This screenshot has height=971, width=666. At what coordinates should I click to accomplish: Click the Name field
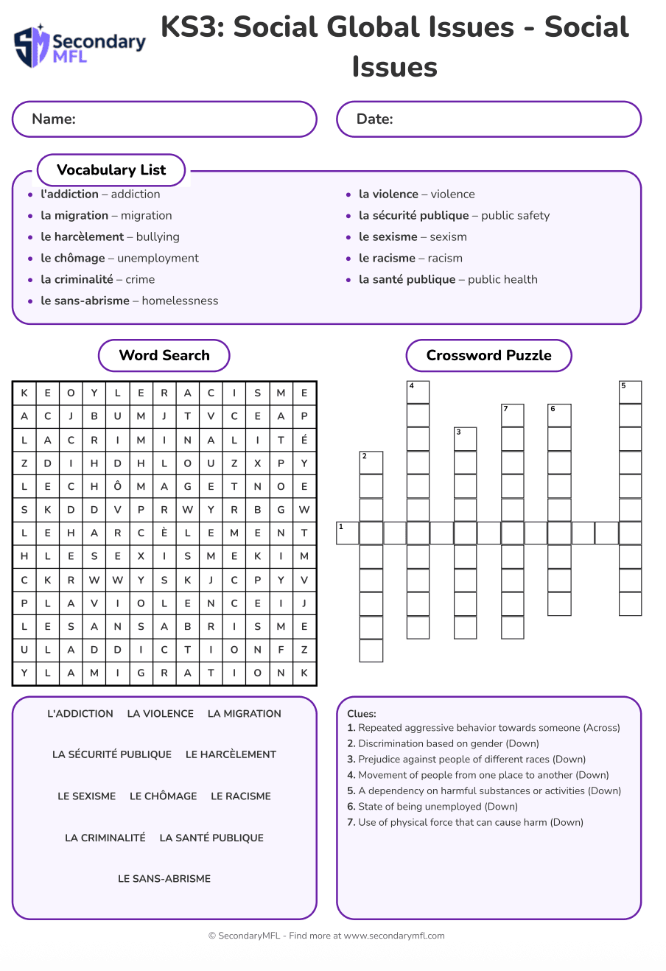pos(164,119)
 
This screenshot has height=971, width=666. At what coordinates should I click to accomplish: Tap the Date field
pos(488,119)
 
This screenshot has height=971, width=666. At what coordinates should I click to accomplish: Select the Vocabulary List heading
pos(111,170)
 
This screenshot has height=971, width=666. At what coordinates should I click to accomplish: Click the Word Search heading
pos(164,356)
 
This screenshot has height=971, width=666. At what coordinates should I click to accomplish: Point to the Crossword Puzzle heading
pos(488,356)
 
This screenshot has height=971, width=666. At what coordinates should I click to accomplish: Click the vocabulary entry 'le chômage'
pos(119,259)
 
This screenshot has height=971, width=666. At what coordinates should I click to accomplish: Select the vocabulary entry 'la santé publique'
pos(448,280)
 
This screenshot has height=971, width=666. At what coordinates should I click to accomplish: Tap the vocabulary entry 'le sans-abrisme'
pos(129,301)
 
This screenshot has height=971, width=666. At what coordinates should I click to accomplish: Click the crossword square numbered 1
pos(348,533)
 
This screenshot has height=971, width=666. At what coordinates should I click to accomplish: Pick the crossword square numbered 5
pos(631,392)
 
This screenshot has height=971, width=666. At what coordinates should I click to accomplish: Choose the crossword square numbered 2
pos(371,463)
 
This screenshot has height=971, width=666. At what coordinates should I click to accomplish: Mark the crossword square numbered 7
pos(513,416)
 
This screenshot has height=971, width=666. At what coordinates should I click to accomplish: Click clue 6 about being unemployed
pos(432,807)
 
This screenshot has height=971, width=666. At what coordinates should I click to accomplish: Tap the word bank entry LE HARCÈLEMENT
pos(231,755)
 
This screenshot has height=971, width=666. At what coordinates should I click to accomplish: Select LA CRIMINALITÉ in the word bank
pos(105,838)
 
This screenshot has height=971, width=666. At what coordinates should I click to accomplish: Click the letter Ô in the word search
pos(117,486)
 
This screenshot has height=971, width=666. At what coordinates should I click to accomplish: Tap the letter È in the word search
pos(164,533)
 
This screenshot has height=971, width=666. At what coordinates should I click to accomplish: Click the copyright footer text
pos(326,936)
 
